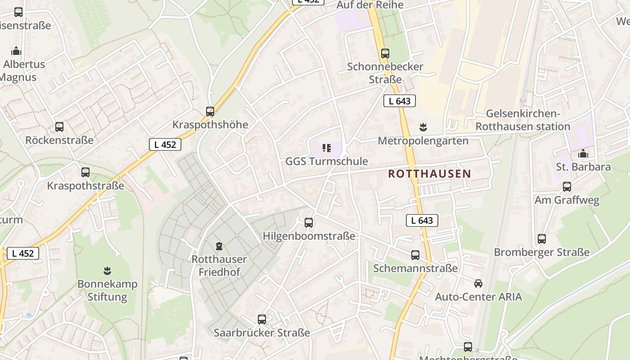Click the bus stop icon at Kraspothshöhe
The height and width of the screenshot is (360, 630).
(x=210, y=112)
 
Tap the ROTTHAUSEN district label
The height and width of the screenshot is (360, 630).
(x=429, y=174)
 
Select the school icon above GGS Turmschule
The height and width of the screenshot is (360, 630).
(x=327, y=148)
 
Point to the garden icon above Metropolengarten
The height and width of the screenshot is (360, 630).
(x=423, y=127)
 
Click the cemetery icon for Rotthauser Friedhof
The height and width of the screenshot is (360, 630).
(x=219, y=246)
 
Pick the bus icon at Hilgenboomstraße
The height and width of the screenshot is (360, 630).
(x=309, y=222)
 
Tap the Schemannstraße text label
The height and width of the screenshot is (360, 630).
(x=415, y=269)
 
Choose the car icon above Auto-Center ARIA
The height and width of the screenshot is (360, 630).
(x=478, y=283)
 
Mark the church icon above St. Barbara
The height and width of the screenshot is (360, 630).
(x=583, y=154)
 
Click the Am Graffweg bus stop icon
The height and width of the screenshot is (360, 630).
(x=567, y=186)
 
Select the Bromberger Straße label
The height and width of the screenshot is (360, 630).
(x=541, y=252)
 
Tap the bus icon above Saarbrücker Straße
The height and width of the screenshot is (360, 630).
(x=262, y=319)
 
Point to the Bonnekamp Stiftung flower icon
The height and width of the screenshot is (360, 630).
(x=107, y=271)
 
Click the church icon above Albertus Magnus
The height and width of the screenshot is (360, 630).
(x=17, y=51)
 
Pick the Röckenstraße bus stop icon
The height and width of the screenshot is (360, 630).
(x=59, y=127)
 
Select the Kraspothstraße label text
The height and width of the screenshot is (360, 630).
(x=85, y=186)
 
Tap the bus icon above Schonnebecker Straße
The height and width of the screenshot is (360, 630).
(x=385, y=54)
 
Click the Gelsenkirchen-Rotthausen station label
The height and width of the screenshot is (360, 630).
(x=523, y=120)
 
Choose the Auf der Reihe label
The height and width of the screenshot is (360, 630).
(x=370, y=5)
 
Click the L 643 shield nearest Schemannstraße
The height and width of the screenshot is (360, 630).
(x=422, y=220)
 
